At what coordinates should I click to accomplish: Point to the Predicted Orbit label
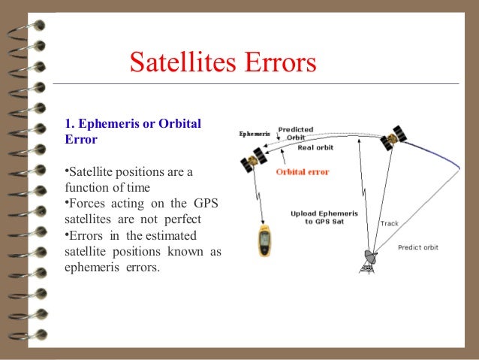coord(296,133)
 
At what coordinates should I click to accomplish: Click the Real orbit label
coord(315,148)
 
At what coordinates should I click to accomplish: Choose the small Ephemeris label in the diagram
coord(255,135)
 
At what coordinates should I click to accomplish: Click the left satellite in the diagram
coord(252,162)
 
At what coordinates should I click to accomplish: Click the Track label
coord(390,223)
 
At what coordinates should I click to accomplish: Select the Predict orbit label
coord(419,248)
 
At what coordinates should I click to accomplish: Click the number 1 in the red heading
coord(68,123)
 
